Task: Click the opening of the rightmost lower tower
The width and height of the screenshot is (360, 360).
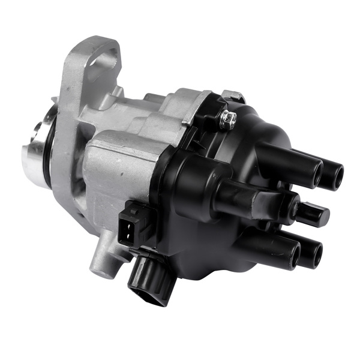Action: click(312, 254)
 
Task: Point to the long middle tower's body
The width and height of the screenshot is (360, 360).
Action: click(252, 200)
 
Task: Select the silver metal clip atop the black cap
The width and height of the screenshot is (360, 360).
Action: click(234, 96)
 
